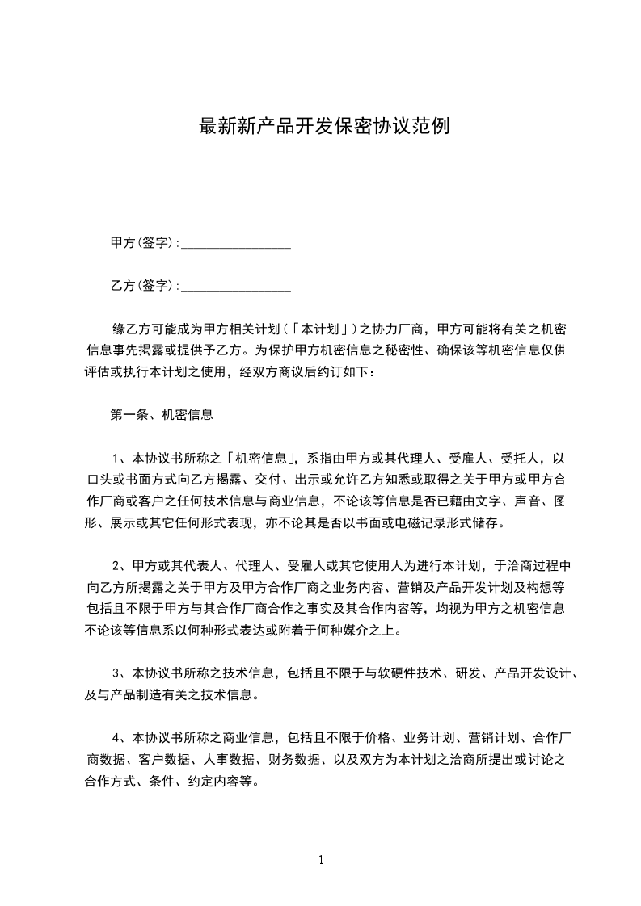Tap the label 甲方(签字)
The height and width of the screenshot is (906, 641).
click(142, 242)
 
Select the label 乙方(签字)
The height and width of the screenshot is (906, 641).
click(142, 285)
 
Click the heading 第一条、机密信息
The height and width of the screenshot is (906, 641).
click(162, 415)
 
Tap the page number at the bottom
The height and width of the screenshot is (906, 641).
click(321, 860)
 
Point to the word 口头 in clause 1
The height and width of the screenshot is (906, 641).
click(99, 480)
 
